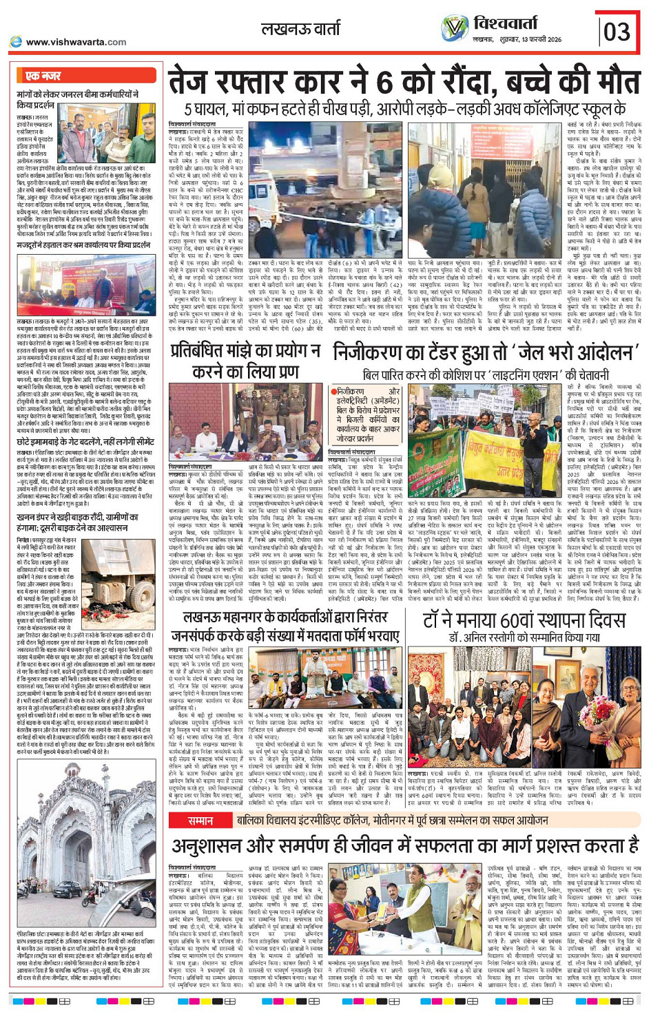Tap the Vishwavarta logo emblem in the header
[455, 28]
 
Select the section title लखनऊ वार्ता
[300, 29]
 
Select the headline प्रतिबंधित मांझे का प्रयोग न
[245, 352]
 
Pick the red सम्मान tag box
[200, 821]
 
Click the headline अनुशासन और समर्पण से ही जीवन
[404, 845]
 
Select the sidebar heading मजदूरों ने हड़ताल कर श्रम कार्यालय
[83, 244]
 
